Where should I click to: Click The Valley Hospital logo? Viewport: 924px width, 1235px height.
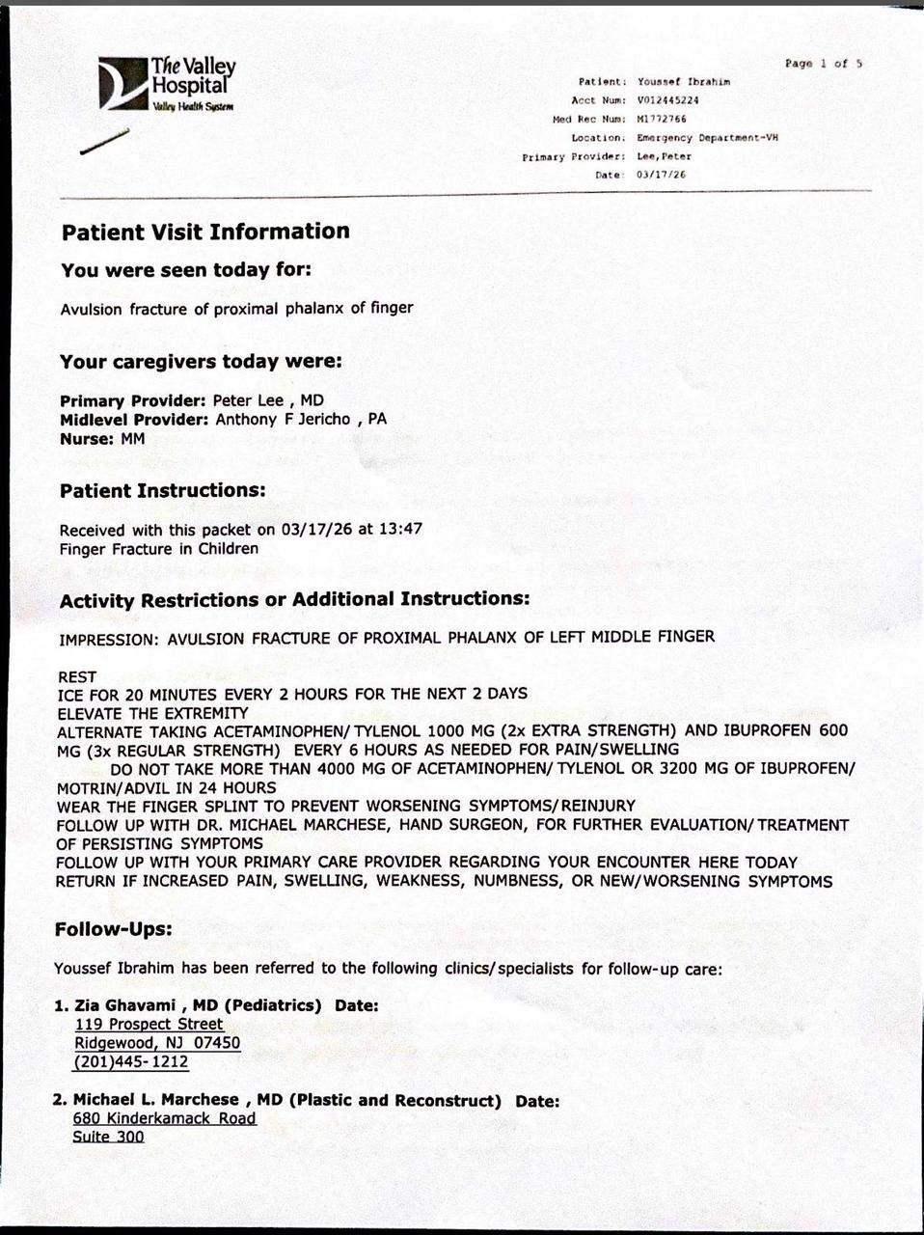tap(166, 84)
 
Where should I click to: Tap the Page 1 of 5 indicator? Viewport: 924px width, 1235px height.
tap(823, 64)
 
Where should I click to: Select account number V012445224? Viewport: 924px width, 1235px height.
tap(667, 100)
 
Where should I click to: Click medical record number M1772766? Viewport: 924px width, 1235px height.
tap(662, 119)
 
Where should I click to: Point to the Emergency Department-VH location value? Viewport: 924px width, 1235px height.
tap(707, 138)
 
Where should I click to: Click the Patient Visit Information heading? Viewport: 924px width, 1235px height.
tap(205, 232)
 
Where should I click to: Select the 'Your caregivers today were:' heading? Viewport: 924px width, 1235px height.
tap(201, 362)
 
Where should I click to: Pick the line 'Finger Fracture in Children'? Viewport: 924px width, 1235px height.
tap(159, 549)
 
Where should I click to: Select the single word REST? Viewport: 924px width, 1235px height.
tap(77, 677)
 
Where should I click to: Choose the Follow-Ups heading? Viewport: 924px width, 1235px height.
tap(113, 930)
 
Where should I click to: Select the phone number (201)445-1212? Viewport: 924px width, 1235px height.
tap(131, 1062)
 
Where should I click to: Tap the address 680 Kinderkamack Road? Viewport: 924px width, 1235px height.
tap(164, 1118)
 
